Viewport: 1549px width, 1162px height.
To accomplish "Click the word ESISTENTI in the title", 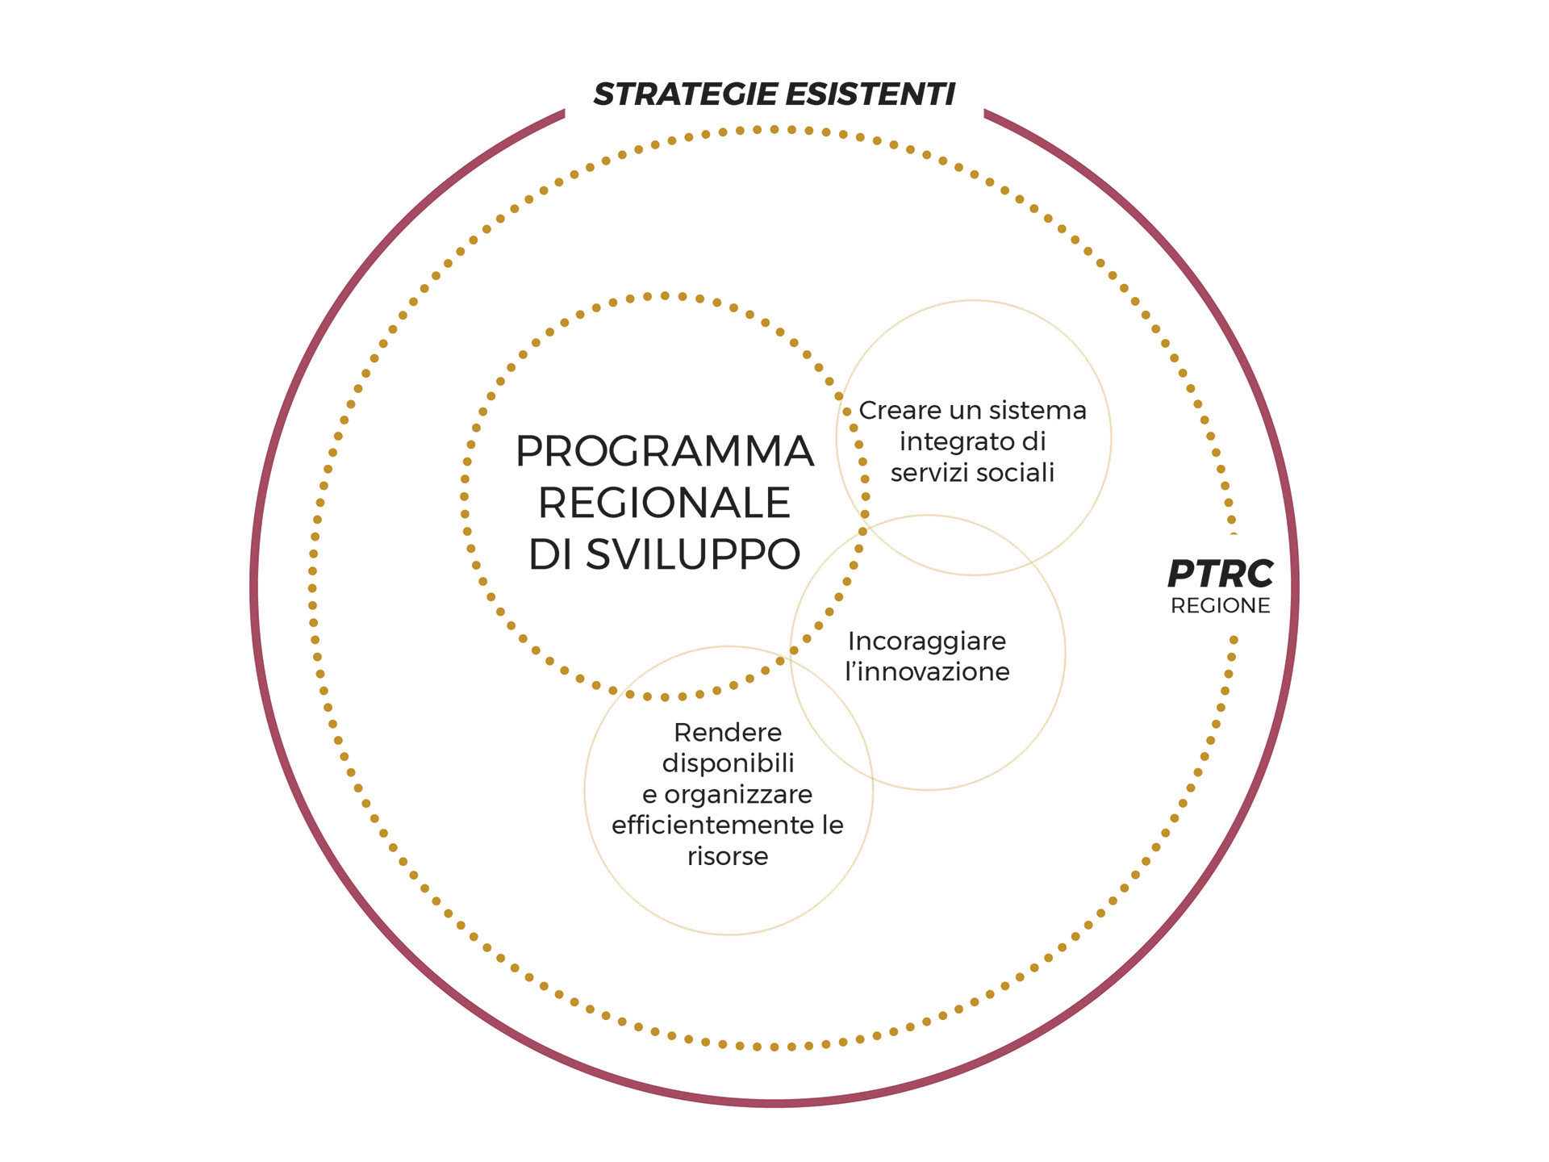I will (870, 94).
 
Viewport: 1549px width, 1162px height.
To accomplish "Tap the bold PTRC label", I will (1220, 575).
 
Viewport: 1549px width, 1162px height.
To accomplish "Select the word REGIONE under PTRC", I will (1220, 606).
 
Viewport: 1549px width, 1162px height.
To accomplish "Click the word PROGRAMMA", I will (664, 451).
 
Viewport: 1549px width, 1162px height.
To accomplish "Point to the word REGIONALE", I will (664, 504).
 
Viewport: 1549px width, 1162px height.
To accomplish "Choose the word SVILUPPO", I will (692, 555).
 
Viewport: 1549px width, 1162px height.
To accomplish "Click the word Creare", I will (900, 411).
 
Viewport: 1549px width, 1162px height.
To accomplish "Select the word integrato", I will (950, 442).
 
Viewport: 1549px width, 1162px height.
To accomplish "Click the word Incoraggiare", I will (927, 642).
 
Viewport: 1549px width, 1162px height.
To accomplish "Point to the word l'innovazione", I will (927, 672).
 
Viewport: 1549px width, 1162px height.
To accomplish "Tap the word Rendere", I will (728, 733).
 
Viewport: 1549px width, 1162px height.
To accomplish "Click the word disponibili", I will (728, 763).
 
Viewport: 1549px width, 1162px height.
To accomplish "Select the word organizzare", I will (738, 795).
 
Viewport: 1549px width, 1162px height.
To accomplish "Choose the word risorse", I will (728, 856).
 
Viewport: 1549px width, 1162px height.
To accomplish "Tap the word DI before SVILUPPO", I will (550, 555).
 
